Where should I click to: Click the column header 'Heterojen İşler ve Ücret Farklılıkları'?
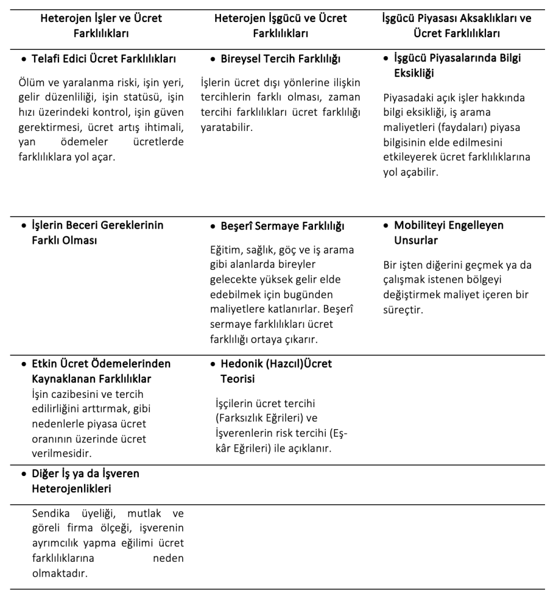[x=101, y=25]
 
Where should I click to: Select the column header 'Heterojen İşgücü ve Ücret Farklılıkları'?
[x=281, y=25]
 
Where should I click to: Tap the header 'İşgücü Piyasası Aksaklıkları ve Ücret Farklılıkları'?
[x=456, y=25]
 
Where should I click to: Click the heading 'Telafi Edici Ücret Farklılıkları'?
[x=104, y=58]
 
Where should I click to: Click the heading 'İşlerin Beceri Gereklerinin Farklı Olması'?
[x=97, y=232]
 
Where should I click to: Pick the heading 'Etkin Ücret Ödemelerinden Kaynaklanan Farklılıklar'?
[x=101, y=371]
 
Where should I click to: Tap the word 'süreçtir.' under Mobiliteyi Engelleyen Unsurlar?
[x=403, y=309]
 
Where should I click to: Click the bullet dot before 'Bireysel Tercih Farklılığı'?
[x=213, y=59]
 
